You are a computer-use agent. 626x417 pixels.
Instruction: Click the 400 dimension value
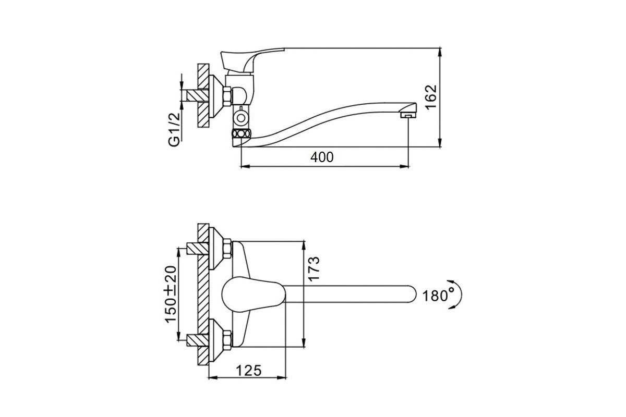coord(322,157)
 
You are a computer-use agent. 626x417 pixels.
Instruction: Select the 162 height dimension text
coord(430,97)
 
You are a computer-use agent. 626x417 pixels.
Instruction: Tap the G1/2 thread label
coord(174,130)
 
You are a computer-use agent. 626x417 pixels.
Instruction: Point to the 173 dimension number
coord(314,268)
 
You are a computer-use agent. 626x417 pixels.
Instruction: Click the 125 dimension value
coord(249,371)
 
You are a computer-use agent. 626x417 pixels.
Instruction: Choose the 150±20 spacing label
coord(171,295)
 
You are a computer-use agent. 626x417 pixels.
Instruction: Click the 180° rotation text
coord(438,296)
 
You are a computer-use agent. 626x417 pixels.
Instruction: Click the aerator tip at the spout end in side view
coord(408,115)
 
